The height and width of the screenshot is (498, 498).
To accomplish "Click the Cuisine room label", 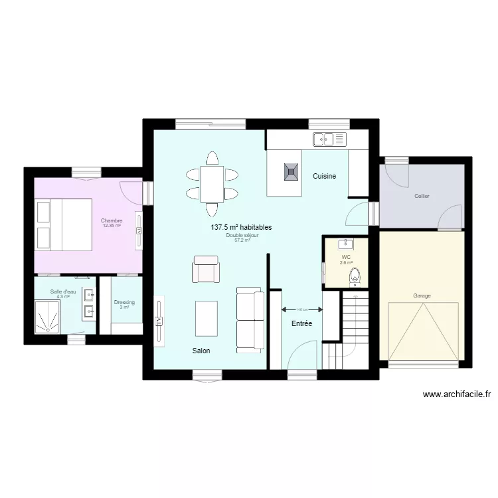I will [325, 176].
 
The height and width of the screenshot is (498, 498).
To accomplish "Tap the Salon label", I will [201, 351].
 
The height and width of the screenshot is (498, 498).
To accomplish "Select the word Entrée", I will [301, 323].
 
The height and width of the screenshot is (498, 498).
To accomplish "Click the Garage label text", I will [422, 295].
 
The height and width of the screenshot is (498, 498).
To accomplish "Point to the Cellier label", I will [422, 196].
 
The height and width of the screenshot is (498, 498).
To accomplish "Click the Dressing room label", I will [124, 303].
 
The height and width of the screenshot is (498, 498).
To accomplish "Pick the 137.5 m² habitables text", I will [241, 227].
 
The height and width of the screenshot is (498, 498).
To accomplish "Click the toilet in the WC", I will [355, 275].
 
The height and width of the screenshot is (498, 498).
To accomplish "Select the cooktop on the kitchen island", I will [291, 172].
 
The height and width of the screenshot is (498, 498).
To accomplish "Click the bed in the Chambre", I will [64, 224].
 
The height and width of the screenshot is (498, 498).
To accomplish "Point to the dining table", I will [212, 185].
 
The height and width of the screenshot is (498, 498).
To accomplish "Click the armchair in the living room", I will [206, 269].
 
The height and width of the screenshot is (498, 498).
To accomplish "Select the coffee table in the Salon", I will [207, 319].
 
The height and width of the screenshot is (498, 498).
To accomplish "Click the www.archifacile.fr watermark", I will [456, 394].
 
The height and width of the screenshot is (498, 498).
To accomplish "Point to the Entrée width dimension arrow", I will [302, 309].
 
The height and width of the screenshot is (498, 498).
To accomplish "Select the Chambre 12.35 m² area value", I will [112, 226].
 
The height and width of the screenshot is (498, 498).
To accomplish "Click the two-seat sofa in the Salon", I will [250, 320].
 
